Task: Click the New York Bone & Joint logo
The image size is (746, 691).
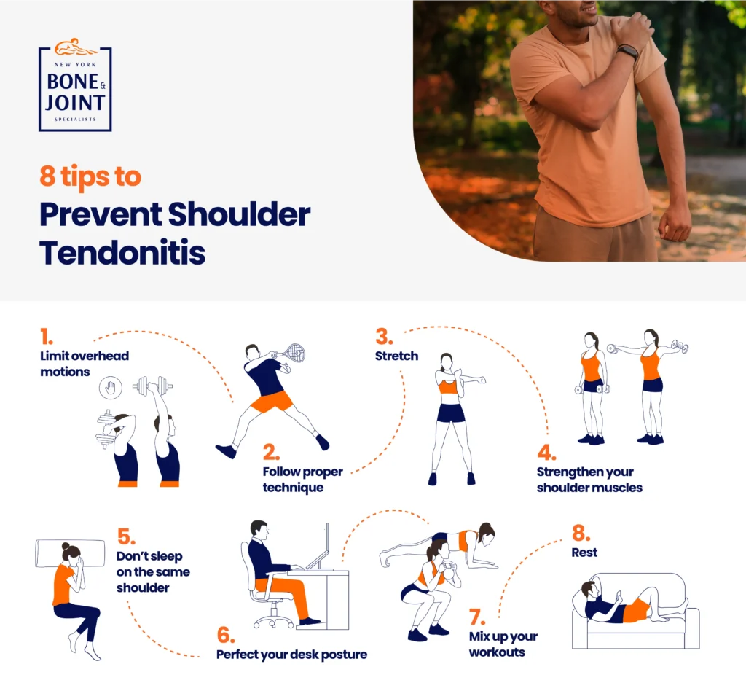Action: tap(75, 86)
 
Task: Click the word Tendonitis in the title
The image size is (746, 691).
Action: tap(122, 252)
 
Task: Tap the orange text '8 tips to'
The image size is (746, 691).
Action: tap(90, 177)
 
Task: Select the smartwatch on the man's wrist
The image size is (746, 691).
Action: tap(627, 52)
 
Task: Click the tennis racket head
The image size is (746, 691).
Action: tap(294, 353)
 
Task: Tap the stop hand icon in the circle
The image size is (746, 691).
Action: tap(111, 388)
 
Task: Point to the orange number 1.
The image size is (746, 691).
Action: tap(47, 336)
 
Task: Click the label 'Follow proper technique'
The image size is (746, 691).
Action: tap(302, 479)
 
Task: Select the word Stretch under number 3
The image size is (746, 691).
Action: tap(396, 356)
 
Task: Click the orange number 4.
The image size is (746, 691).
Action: tap(546, 452)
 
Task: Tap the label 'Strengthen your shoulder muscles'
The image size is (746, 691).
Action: tap(589, 480)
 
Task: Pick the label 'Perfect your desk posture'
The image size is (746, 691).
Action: tap(291, 654)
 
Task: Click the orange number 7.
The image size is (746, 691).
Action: tap(477, 617)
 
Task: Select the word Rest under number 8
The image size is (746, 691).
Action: tap(584, 553)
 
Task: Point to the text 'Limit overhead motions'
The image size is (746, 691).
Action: tap(84, 364)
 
